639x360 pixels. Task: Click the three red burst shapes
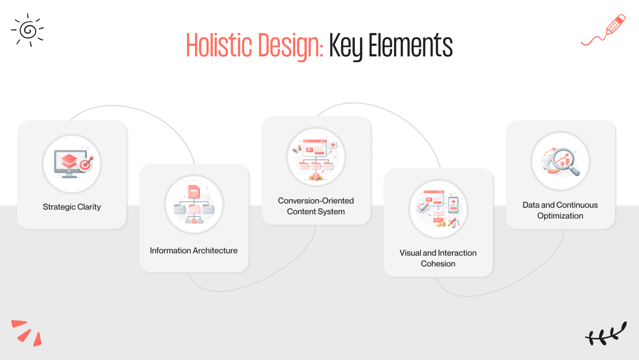(x=26, y=332)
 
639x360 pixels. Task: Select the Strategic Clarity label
(x=72, y=207)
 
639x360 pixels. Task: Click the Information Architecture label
(x=194, y=250)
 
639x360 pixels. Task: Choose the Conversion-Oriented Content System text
(x=316, y=206)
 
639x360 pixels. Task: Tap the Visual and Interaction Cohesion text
(x=438, y=258)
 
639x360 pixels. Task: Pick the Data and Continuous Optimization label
(x=560, y=210)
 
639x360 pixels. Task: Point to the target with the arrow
(x=86, y=164)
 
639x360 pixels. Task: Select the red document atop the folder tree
(x=194, y=192)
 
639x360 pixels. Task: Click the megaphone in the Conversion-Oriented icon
(x=297, y=149)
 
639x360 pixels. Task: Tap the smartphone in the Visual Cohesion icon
(x=453, y=205)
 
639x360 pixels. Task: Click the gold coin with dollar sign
(x=316, y=176)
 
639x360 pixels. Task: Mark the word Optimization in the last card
(x=560, y=216)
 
